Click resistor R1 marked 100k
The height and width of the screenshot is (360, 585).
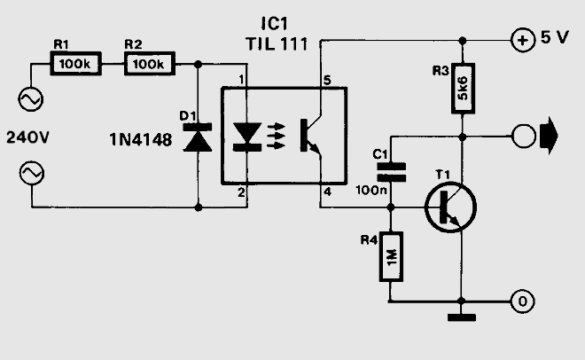[75, 64]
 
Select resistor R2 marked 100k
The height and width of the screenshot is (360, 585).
[149, 64]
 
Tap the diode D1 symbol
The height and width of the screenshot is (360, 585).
[198, 137]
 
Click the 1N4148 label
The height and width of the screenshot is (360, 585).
[141, 140]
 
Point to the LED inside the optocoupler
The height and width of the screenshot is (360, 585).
[246, 137]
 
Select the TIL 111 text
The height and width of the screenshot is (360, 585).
[277, 44]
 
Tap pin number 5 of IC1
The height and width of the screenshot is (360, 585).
[327, 80]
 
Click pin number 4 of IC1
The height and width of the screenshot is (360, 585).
[327, 192]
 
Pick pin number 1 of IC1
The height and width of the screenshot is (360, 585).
[241, 80]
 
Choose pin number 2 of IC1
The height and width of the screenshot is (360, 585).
[241, 192]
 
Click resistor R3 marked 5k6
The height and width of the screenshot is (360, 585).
[463, 88]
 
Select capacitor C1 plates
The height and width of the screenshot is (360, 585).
[391, 172]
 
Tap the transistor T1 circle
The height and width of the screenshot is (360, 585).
[450, 207]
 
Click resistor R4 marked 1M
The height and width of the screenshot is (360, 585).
[391, 256]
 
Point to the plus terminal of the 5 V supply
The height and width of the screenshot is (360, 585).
[522, 40]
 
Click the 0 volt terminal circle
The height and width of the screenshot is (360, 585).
[522, 301]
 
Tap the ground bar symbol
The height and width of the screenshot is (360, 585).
[462, 317]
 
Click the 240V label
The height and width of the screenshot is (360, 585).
[28, 137]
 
